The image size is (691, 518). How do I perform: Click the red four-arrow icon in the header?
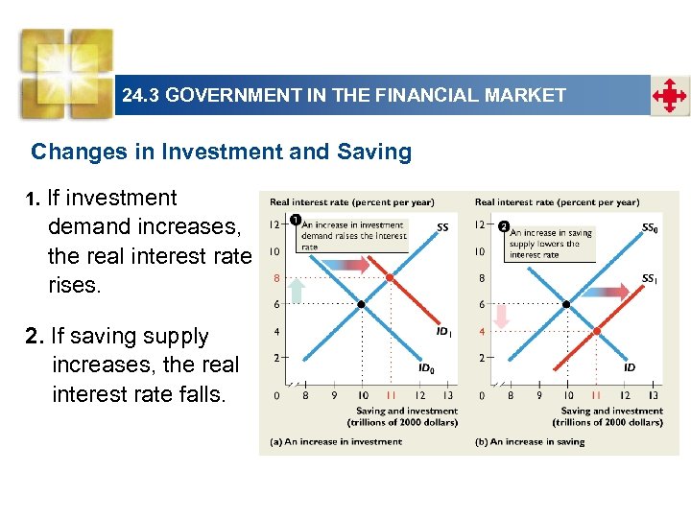tap(670, 96)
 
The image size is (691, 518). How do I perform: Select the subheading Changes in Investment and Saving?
tap(221, 152)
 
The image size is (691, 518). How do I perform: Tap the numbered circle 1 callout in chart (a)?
tap(296, 221)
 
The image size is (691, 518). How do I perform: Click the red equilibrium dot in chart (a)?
tap(390, 277)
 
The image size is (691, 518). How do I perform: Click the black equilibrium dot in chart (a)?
tap(361, 304)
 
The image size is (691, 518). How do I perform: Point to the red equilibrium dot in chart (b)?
tap(596, 331)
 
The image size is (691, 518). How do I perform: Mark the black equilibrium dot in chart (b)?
tap(566, 304)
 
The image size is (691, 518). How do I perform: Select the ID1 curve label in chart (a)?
tap(443, 331)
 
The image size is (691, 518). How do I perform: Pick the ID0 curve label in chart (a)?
tap(425, 366)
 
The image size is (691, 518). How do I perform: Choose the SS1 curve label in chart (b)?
tap(650, 279)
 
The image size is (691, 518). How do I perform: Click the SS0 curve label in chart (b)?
tap(650, 228)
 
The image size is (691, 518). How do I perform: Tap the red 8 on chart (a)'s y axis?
tap(275, 278)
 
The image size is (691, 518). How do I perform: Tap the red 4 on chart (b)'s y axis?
tap(482, 332)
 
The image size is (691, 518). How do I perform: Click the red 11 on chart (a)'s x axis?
tap(391, 394)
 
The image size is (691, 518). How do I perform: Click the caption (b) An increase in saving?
tap(530, 441)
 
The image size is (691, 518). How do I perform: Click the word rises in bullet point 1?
tap(74, 285)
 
